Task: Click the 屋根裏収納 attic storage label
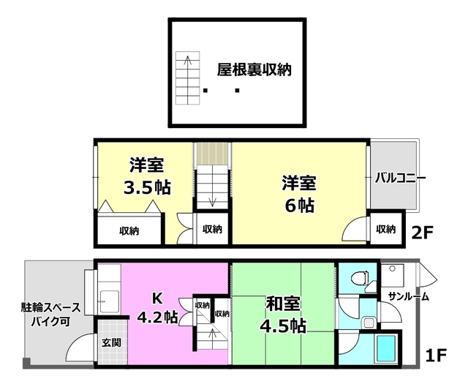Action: pos(254,70)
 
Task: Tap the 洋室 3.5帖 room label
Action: pos(147,176)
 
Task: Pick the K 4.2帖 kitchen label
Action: pos(156,307)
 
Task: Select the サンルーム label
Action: pos(408,296)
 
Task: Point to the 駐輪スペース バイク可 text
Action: pos(50,314)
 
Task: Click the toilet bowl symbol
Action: pos(359,279)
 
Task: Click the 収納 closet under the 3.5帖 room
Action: pos(129,230)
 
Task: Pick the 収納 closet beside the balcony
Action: pos(385,229)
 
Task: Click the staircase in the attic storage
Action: pos(189,78)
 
